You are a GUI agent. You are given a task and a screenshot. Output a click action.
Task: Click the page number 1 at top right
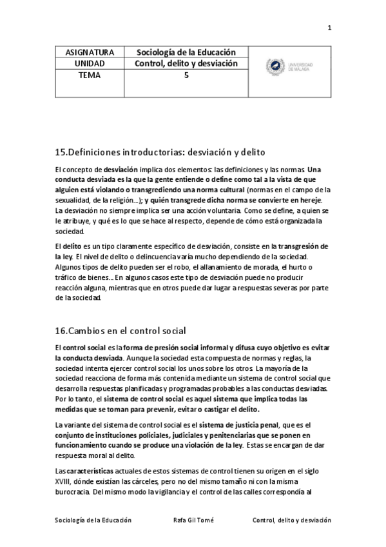point(329,27)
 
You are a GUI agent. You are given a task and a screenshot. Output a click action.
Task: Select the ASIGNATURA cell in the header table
point(90,52)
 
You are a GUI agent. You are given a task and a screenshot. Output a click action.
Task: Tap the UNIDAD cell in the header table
point(90,63)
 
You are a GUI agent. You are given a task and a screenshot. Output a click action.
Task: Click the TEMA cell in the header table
point(90,75)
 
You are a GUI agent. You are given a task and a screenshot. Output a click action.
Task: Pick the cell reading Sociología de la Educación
point(186,52)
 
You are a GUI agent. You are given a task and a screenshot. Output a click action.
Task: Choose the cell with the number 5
point(186,75)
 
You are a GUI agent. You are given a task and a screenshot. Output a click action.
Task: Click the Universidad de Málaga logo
point(289,67)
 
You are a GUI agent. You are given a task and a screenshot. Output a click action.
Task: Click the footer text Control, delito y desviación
point(291,519)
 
